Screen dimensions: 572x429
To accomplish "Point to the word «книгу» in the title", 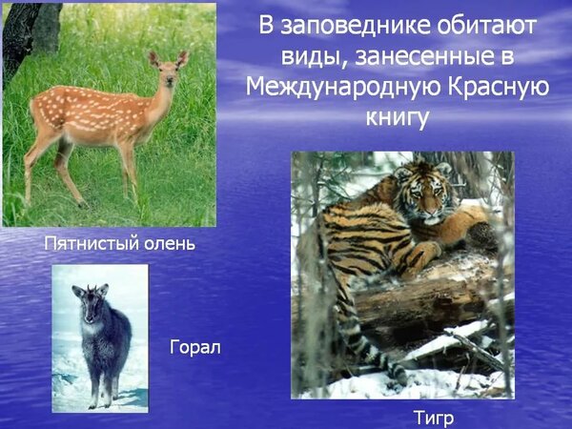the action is (x=397, y=118).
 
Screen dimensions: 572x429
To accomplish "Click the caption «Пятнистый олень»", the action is (x=120, y=243).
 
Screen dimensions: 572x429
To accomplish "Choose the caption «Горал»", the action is (x=195, y=347).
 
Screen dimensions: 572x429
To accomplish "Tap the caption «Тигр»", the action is (x=434, y=419).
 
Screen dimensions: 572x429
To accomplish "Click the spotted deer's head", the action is (x=168, y=70).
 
